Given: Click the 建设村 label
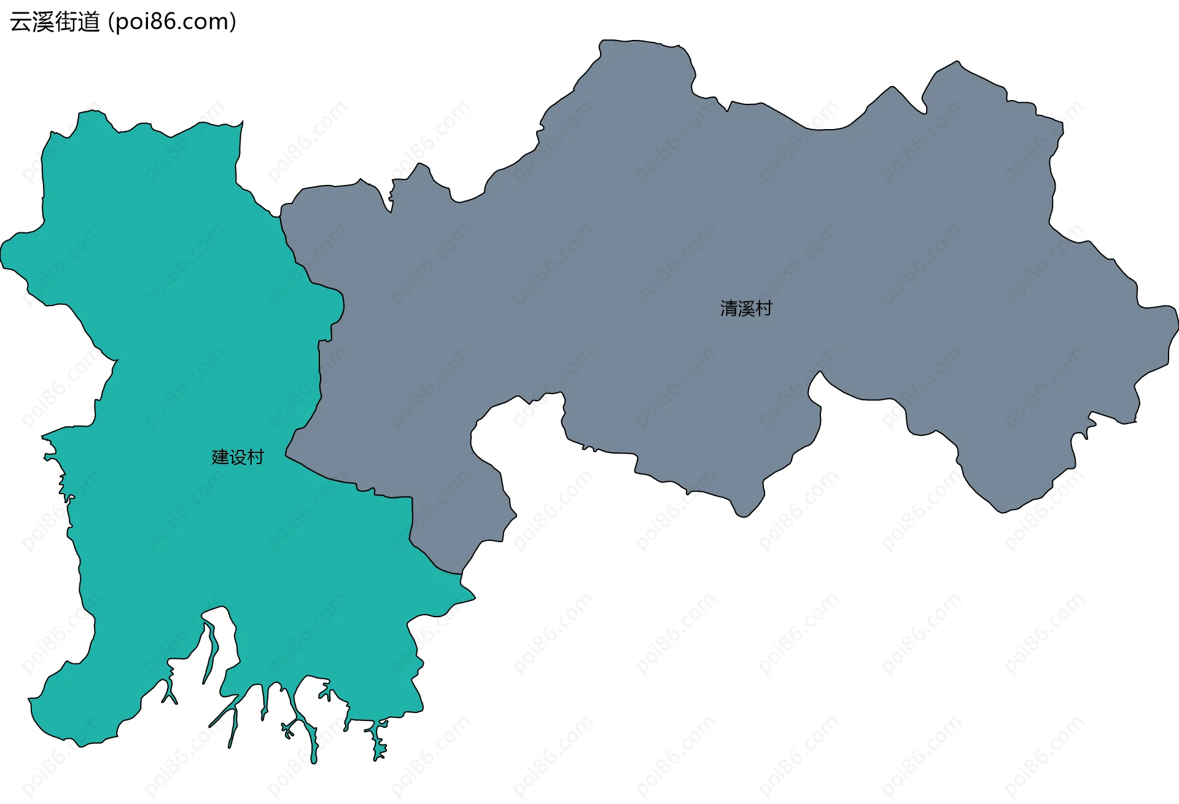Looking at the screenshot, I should pos(238,457).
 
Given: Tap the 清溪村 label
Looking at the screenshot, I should pos(746,309).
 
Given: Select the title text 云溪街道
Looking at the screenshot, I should pos(55,22).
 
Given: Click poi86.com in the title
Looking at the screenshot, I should pos(171,22).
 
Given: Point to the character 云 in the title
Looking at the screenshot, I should pos(21,22).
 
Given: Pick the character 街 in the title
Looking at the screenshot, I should pos(66,22).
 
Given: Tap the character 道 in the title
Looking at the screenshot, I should pos(89,22).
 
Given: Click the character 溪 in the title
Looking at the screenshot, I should pos(44,22).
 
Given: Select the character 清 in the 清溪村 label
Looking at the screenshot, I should pos(729,309).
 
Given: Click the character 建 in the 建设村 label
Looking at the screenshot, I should pos(220,457).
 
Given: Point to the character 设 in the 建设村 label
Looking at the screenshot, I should pos(238,457).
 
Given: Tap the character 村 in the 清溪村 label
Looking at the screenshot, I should pos(764,309).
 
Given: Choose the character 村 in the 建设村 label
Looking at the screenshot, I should pos(255,457).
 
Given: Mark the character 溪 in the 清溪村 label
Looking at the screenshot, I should pos(746,309).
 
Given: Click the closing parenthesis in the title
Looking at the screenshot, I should pos(233,22).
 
